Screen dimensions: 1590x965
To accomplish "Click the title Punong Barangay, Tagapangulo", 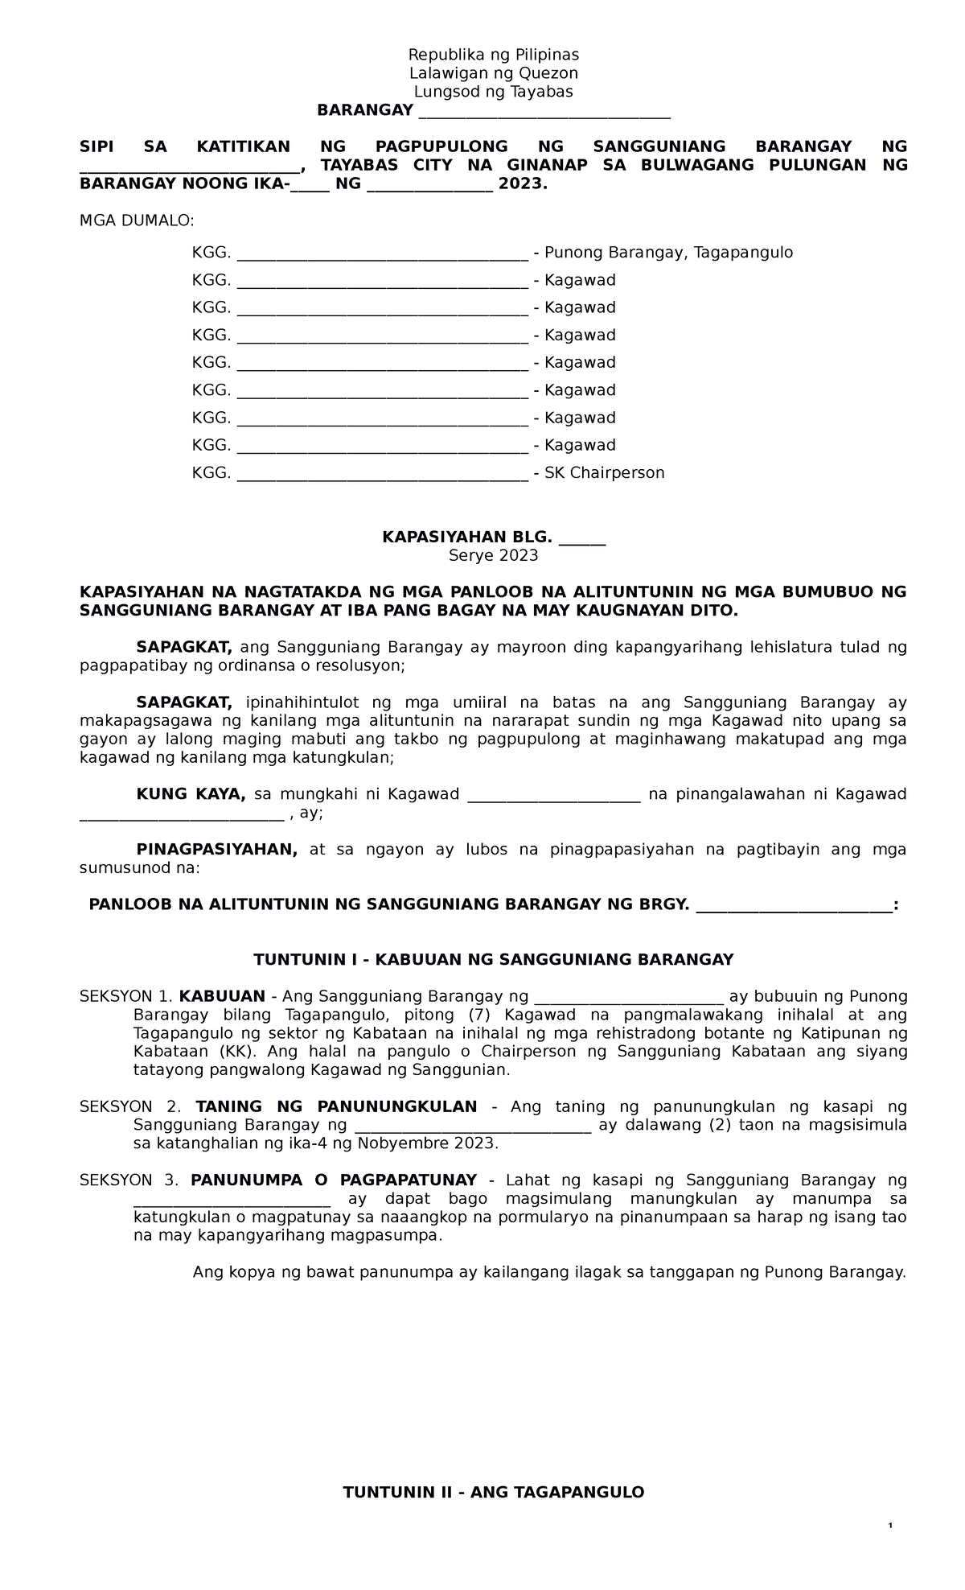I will (668, 253).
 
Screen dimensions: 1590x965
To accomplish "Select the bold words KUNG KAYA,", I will (191, 794).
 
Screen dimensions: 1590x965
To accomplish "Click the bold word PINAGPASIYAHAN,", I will (216, 850).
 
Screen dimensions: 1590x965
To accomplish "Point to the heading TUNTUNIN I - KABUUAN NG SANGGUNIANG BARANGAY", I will (493, 959).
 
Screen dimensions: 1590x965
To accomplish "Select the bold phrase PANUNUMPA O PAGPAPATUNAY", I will (333, 1180).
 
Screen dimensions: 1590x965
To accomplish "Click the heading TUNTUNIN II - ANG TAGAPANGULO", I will (493, 1493).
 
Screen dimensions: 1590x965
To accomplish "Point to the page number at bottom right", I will (890, 1527).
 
